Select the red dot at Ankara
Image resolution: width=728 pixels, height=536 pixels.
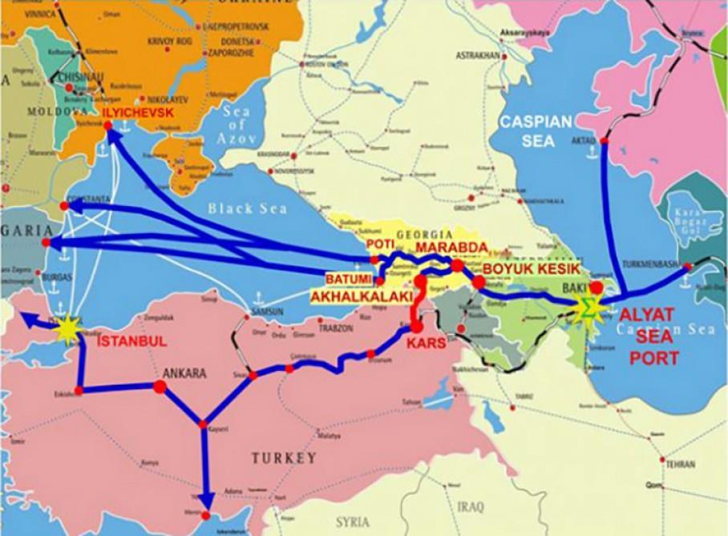(159, 386)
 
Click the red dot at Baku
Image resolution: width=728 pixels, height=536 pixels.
(596, 286)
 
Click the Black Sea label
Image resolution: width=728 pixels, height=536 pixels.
(247, 208)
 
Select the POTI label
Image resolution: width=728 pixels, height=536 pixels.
(380, 244)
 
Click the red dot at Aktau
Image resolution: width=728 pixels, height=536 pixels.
(605, 142)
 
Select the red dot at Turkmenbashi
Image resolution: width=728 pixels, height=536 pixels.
(686, 269)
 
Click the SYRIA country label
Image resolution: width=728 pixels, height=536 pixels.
(353, 521)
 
